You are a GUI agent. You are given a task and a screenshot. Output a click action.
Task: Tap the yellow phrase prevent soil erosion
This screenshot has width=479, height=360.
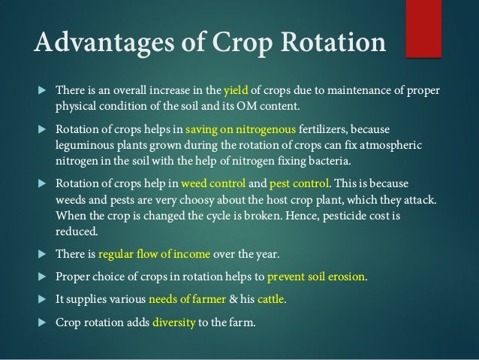(315, 276)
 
